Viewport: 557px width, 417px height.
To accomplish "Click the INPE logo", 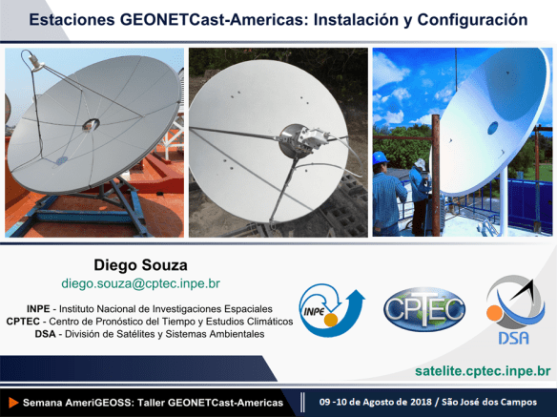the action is [x=331, y=310].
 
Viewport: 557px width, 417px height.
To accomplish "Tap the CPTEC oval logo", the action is [x=424, y=309].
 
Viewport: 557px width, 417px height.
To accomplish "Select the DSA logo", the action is [x=515, y=310].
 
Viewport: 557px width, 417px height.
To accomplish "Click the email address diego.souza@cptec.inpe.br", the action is [x=140, y=283].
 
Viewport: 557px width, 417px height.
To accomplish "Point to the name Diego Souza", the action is [x=140, y=265].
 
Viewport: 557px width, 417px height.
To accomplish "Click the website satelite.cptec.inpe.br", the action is [x=483, y=371].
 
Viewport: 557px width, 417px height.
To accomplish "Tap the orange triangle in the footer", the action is [x=13, y=403].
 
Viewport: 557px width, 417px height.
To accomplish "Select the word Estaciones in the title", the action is [x=72, y=19].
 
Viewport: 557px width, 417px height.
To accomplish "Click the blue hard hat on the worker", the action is [x=381, y=157].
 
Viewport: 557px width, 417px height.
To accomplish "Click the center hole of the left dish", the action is [x=91, y=124].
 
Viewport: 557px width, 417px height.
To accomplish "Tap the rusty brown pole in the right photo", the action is [x=436, y=175].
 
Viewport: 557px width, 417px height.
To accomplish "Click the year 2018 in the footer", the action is [x=421, y=402].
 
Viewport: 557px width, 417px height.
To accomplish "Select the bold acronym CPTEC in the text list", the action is [x=23, y=322].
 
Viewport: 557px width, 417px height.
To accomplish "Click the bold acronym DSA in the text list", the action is [x=45, y=334].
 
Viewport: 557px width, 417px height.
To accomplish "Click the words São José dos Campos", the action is [x=489, y=402].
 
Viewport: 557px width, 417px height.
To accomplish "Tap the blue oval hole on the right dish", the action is [x=493, y=128].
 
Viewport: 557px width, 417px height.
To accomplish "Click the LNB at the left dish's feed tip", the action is [x=35, y=63].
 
